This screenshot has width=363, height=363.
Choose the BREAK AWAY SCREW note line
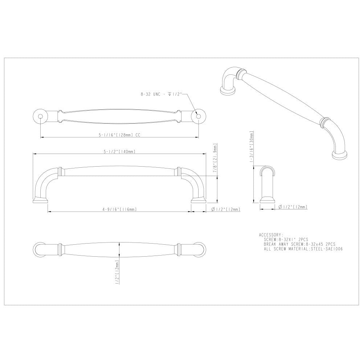pyautogui.click(x=299, y=244)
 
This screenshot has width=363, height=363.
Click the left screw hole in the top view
pyautogui.click(x=40, y=116)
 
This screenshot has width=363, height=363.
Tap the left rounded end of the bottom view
pyautogui.click(x=39, y=250)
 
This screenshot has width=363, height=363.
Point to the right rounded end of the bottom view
pyautogui.click(x=199, y=250)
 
